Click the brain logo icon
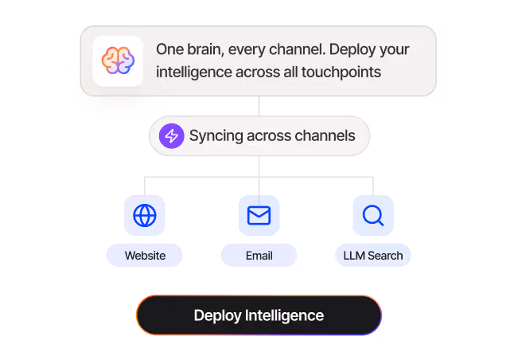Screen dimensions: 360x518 coord(118,61)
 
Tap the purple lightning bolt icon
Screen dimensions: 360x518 coord(171,135)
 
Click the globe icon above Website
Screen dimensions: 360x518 coord(145,216)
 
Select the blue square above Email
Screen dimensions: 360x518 coord(259,216)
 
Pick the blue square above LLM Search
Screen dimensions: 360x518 coord(373,216)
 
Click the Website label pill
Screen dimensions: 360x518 coord(145,256)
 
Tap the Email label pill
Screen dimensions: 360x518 coord(259,256)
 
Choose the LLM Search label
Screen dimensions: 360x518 coord(373,256)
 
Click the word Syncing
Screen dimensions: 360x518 coord(215,135)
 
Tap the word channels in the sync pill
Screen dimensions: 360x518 coord(325,135)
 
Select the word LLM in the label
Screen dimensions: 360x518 coord(352,256)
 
